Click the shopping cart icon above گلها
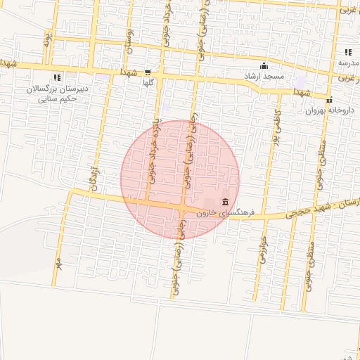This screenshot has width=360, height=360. click(x=148, y=72)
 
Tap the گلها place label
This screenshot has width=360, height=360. click(x=148, y=82)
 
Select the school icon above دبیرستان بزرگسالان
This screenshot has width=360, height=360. click(x=57, y=78)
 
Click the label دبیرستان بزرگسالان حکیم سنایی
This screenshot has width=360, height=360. click(x=55, y=94)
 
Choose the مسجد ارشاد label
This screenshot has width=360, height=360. click(x=263, y=75)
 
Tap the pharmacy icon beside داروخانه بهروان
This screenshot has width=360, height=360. click(x=329, y=98)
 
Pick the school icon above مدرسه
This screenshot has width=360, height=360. click(x=348, y=52)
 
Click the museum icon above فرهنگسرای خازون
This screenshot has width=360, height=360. click(x=225, y=202)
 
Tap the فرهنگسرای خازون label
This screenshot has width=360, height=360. click(x=224, y=212)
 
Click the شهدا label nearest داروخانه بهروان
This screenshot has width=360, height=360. click(x=302, y=92)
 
